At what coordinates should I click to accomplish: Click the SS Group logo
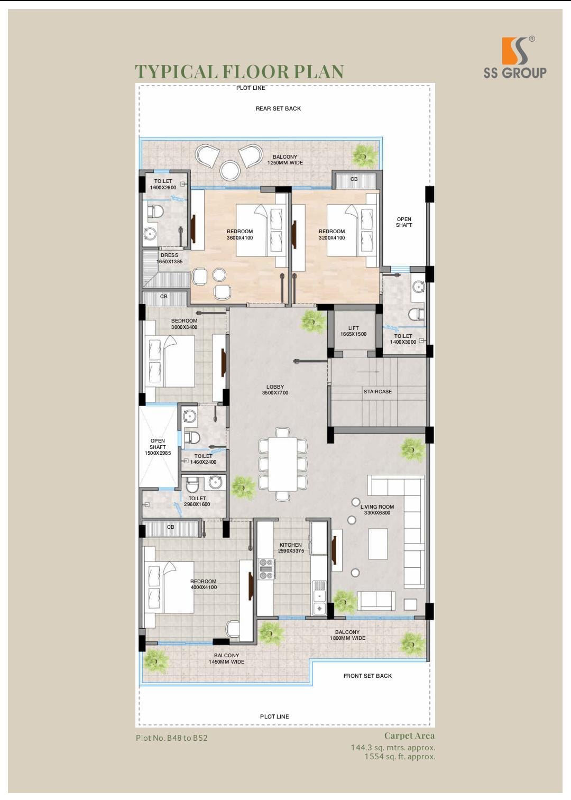tap(515, 57)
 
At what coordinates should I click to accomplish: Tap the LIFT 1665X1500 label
tap(353, 331)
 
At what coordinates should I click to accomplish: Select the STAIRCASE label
tap(377, 391)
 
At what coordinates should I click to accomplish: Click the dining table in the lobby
tap(282, 464)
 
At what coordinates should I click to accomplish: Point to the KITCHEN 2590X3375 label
tap(291, 548)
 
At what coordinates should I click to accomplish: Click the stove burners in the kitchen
tap(267, 569)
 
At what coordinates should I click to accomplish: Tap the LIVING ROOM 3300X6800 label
tap(377, 510)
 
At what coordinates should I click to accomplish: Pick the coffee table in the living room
tap(377, 544)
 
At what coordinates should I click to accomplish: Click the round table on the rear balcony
tap(229, 170)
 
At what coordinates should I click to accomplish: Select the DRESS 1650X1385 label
tap(169, 258)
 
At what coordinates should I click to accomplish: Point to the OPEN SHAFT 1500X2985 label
tap(158, 447)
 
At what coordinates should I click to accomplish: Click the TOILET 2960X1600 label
tap(197, 501)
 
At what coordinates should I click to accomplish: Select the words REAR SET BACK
tap(278, 108)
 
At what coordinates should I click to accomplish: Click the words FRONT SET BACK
tap(367, 676)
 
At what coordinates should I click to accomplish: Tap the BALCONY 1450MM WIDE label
tap(226, 659)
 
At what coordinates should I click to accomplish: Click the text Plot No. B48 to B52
tap(171, 738)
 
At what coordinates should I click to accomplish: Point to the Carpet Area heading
tap(410, 735)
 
